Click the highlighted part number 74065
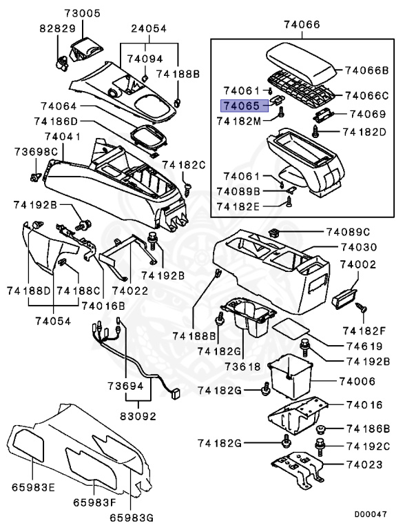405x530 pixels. (x=240, y=106)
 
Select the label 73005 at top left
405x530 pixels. (x=83, y=13)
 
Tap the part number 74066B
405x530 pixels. (x=367, y=70)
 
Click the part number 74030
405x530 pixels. (x=362, y=247)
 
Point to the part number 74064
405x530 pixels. (x=60, y=106)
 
